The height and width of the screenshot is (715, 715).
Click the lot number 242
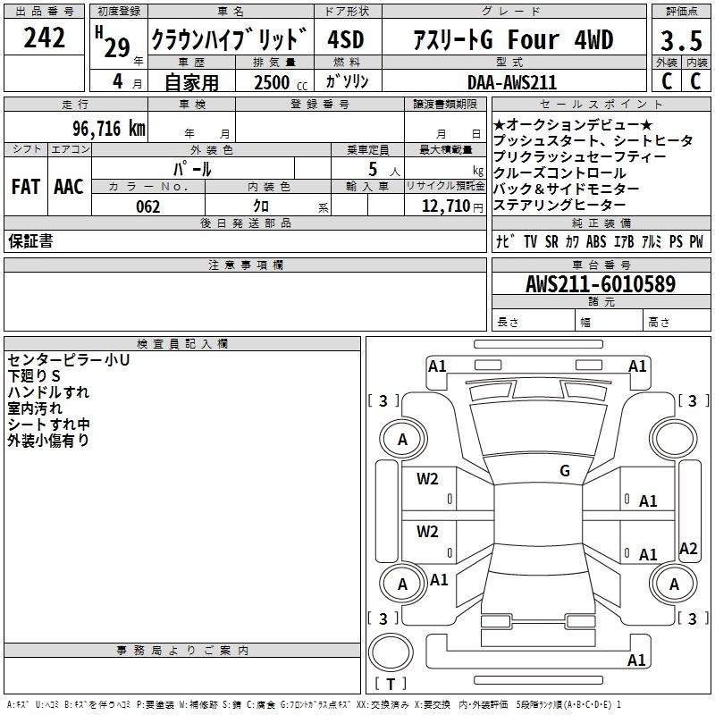tap(44, 38)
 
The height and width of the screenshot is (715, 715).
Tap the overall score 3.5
tap(681, 40)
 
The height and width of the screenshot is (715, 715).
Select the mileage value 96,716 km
tap(109, 129)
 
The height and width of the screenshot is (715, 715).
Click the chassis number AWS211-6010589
tap(601, 283)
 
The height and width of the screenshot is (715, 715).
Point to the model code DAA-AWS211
tap(512, 82)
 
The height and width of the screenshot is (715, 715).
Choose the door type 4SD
tap(346, 39)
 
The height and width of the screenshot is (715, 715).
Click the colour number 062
tap(148, 206)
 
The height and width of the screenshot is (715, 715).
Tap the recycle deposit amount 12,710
tap(446, 206)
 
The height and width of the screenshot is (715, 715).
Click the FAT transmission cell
tap(26, 187)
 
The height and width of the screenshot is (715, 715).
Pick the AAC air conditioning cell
tap(69, 187)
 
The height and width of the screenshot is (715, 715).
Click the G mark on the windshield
tap(565, 470)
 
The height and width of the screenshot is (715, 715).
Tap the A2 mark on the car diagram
tap(688, 549)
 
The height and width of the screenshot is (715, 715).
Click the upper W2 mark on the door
tap(427, 479)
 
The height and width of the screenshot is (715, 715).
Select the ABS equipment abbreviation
tap(596, 241)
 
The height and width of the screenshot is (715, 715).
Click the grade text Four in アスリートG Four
tap(533, 39)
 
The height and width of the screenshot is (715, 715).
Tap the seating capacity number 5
tap(373, 169)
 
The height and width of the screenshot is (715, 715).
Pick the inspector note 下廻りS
tap(34, 376)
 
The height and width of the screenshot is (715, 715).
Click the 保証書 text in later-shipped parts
tap(30, 241)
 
